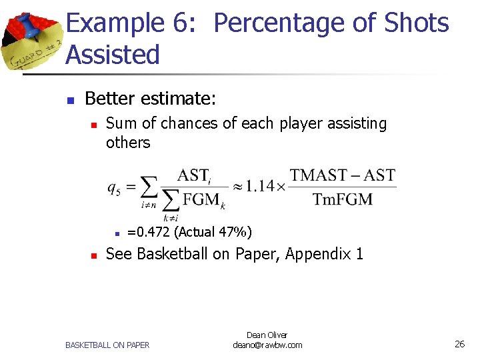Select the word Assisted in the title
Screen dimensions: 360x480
(113, 55)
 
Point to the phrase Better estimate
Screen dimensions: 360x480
(150, 99)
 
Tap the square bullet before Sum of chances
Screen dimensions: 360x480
(94, 125)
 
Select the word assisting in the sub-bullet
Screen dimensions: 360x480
(357, 123)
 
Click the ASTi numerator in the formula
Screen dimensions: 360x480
(194, 176)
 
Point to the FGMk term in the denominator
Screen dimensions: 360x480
(204, 199)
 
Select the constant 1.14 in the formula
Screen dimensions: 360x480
(259, 187)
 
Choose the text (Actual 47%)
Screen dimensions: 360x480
(213, 232)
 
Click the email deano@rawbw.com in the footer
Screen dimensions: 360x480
(267, 345)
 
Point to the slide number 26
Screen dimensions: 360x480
(459, 344)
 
